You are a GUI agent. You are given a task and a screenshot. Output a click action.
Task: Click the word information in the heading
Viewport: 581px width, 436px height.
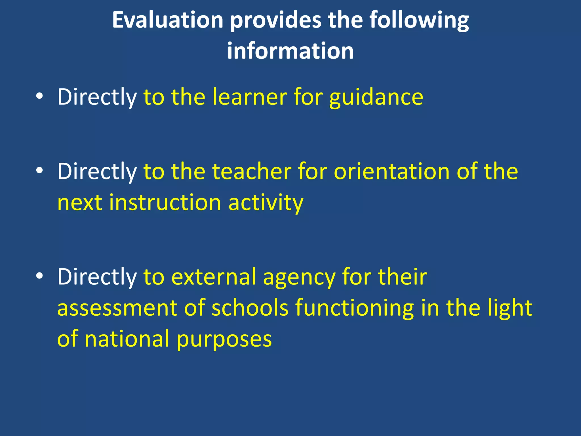[x=290, y=51]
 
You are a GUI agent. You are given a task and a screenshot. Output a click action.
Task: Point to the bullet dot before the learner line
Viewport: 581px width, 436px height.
[x=39, y=97]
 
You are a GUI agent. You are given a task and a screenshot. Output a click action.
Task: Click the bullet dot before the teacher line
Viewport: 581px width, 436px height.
[x=39, y=171]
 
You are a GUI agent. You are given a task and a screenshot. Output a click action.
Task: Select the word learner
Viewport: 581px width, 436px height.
[x=250, y=97]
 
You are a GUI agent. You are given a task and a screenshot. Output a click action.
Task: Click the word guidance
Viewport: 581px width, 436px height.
[x=376, y=97]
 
